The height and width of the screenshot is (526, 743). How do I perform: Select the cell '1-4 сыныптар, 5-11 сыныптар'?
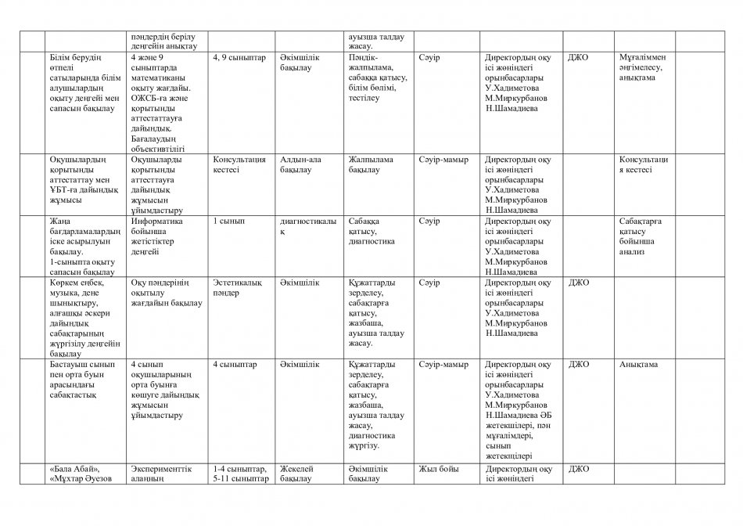click(x=241, y=474)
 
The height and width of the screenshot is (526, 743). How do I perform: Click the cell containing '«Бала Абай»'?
click(x=82, y=474)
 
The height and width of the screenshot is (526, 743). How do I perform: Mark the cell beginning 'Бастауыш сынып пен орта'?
click(x=82, y=380)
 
